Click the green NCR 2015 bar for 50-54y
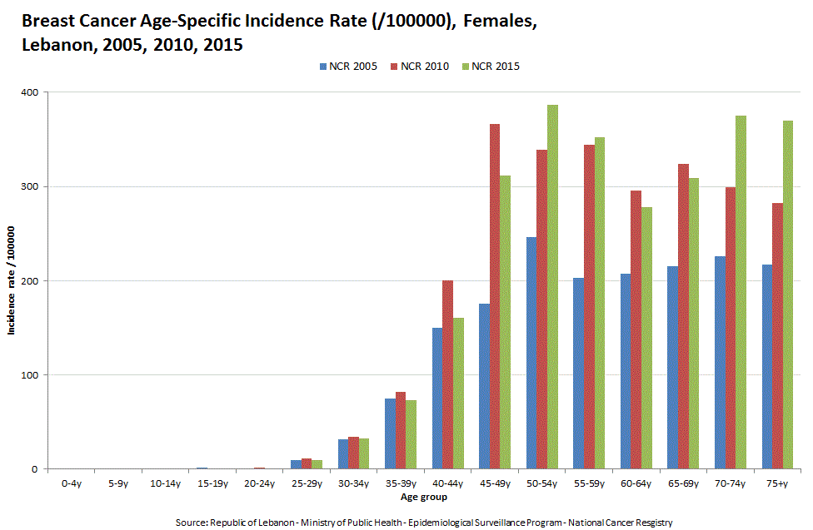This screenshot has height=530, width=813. [552, 287]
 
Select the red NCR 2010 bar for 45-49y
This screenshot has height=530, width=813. [495, 296]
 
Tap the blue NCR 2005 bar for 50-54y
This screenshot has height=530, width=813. [531, 353]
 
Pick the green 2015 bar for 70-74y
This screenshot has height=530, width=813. [741, 292]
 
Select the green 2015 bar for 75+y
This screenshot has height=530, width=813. [788, 295]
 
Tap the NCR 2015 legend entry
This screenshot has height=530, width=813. [495, 67]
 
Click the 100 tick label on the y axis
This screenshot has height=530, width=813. [31, 375]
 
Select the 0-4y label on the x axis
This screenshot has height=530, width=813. [72, 483]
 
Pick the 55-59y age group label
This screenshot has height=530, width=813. [589, 483]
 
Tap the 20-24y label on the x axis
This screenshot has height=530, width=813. [259, 483]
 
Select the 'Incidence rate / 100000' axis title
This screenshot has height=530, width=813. [12, 280]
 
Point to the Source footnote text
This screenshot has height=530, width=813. [423, 522]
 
